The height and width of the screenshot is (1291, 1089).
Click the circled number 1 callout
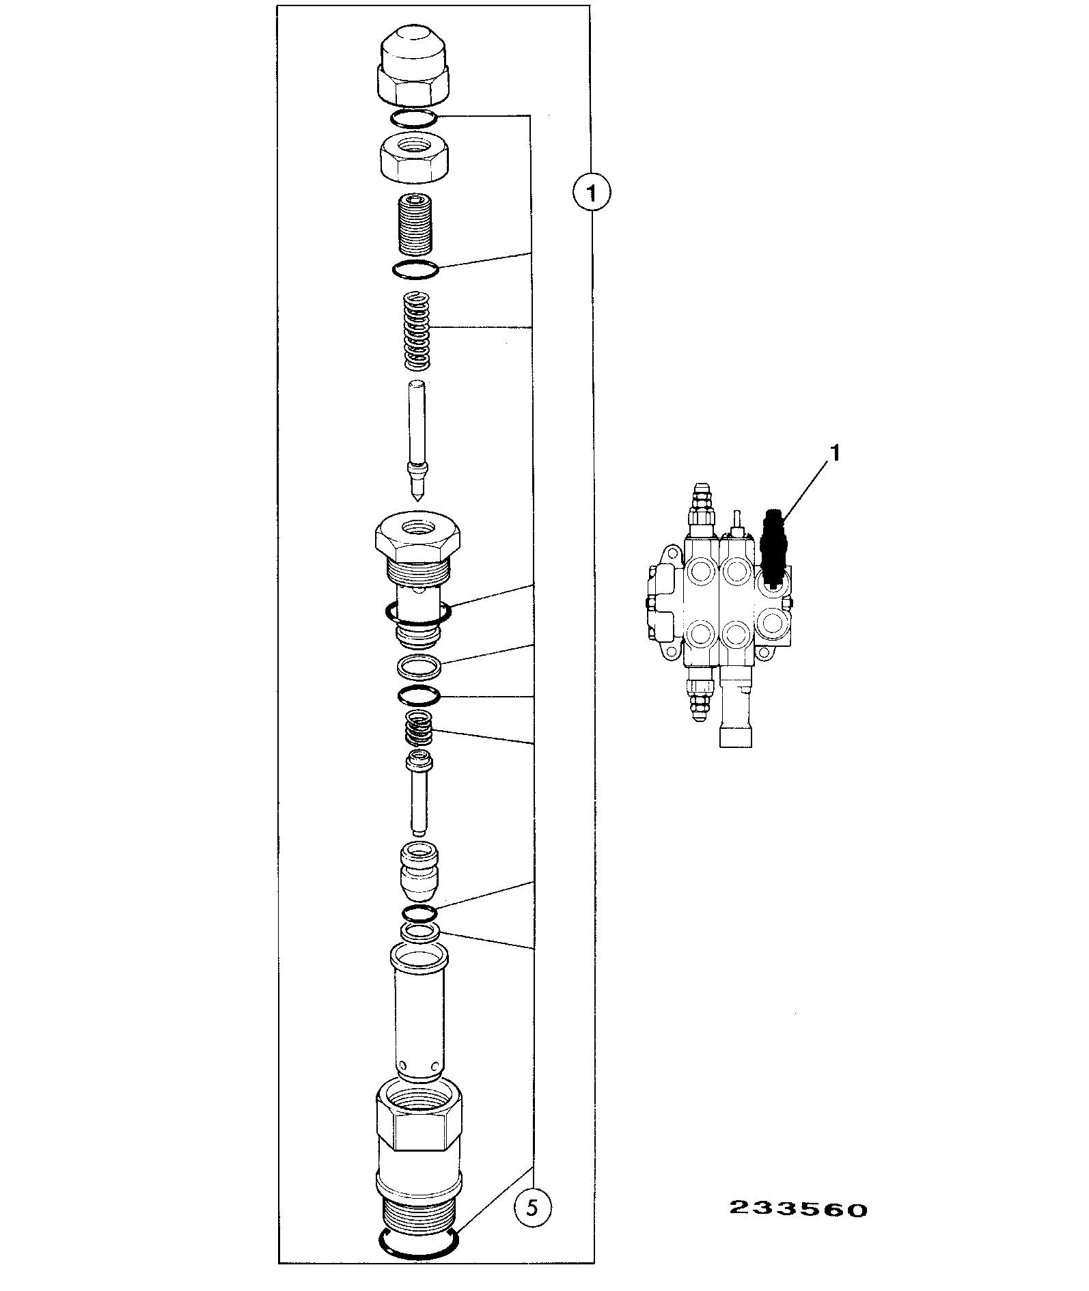click(591, 193)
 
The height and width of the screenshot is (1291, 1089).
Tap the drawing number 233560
click(798, 1210)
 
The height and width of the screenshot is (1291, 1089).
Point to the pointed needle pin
click(416, 443)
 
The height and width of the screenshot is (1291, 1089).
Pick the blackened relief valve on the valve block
click(773, 548)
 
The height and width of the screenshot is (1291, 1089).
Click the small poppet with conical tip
click(419, 872)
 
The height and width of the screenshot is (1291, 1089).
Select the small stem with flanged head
click(418, 792)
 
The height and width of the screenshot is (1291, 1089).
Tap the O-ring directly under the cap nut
click(414, 119)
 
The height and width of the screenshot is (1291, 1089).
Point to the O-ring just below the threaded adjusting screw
click(416, 270)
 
